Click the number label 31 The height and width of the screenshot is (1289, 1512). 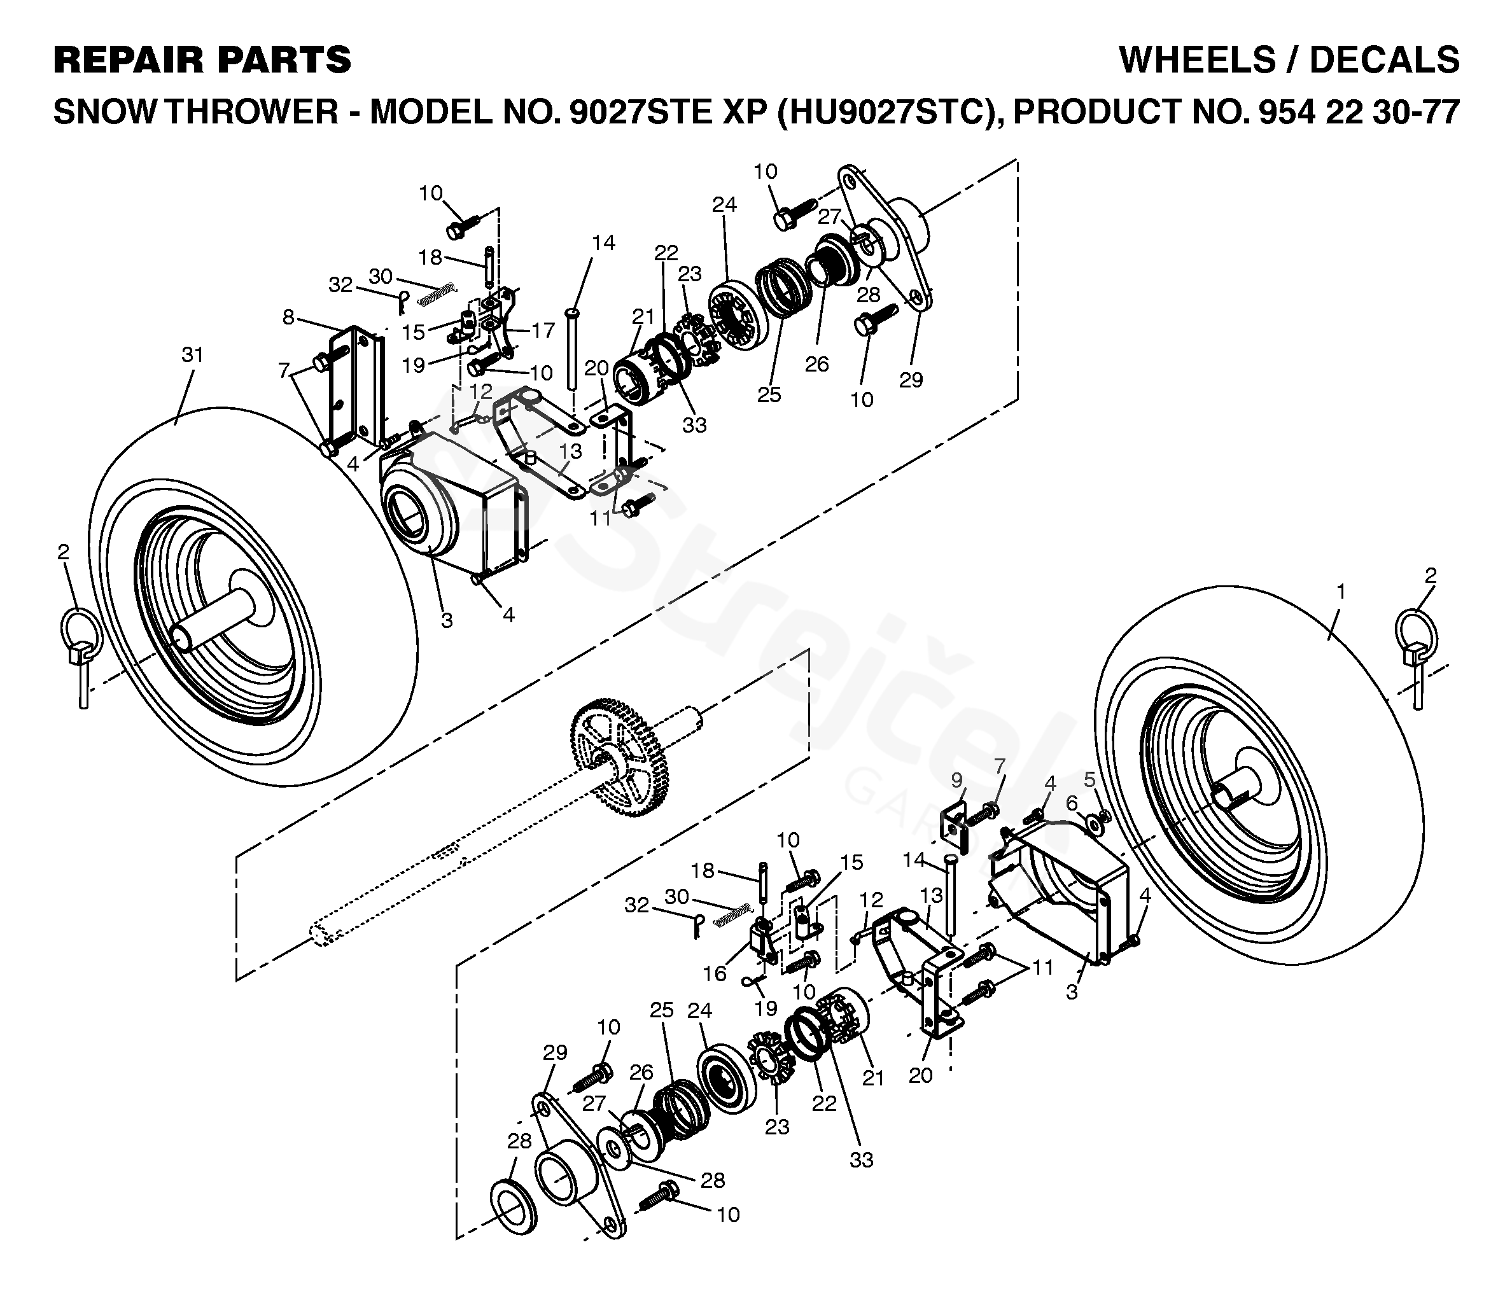192,355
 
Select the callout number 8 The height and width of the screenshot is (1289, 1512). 288,317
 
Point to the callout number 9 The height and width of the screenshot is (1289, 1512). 956,781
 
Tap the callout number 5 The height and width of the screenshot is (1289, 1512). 1089,779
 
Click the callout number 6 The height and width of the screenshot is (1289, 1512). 1071,803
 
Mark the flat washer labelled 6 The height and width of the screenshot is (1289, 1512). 1094,823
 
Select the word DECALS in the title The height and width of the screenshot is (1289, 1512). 1384,60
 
